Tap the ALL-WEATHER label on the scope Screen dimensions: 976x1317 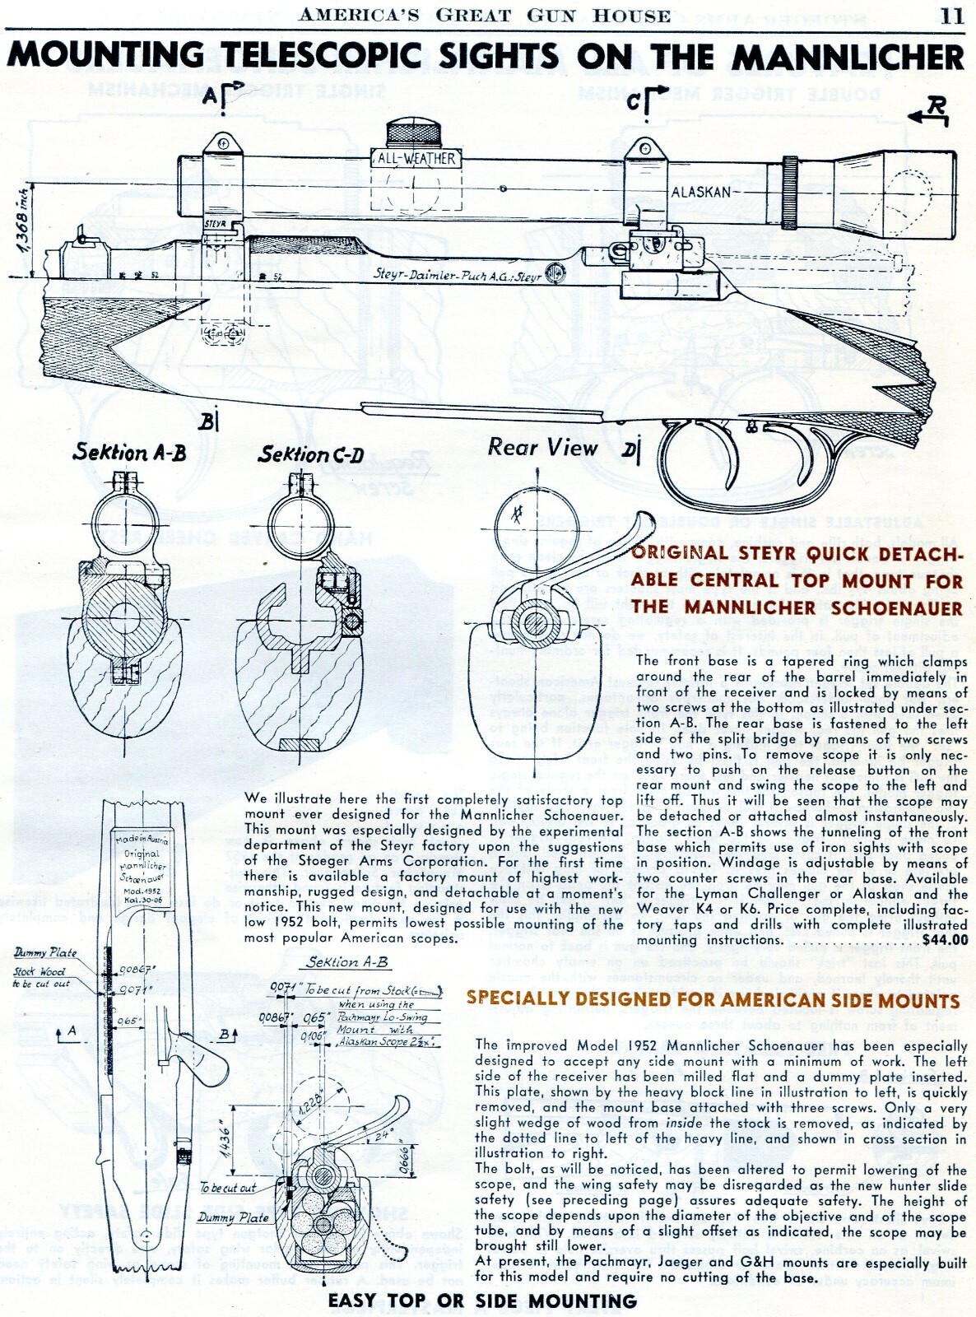(x=416, y=158)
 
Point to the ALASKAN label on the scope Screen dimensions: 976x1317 (x=700, y=193)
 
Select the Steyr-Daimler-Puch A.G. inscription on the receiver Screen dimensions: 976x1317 (x=457, y=275)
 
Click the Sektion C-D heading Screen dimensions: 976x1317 (x=310, y=454)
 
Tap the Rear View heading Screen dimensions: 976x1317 (x=542, y=448)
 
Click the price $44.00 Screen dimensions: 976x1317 (x=945, y=940)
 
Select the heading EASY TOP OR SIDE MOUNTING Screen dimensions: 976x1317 (x=482, y=1301)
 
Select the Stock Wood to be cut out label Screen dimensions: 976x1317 (x=40, y=977)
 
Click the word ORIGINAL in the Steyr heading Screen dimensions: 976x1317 (x=681, y=552)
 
